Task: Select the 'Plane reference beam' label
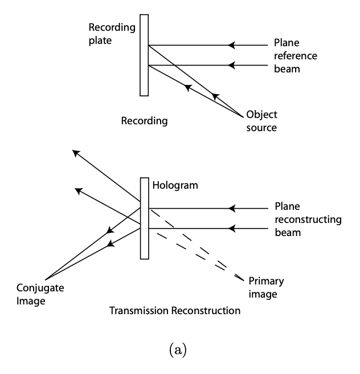tap(294, 56)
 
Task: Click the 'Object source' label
tap(261, 120)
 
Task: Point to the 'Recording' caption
tap(144, 121)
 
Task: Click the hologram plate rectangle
tap(145, 218)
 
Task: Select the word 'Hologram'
tap(174, 186)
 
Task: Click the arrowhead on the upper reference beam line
tap(231, 45)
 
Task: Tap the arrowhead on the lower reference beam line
tap(231, 65)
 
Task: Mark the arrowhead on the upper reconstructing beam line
tap(231, 209)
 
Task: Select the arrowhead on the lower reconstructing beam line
tap(231, 229)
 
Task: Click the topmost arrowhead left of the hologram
tap(76, 152)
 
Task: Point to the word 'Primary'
tap(266, 280)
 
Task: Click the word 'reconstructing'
tap(308, 219)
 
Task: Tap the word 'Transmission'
tap(138, 311)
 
